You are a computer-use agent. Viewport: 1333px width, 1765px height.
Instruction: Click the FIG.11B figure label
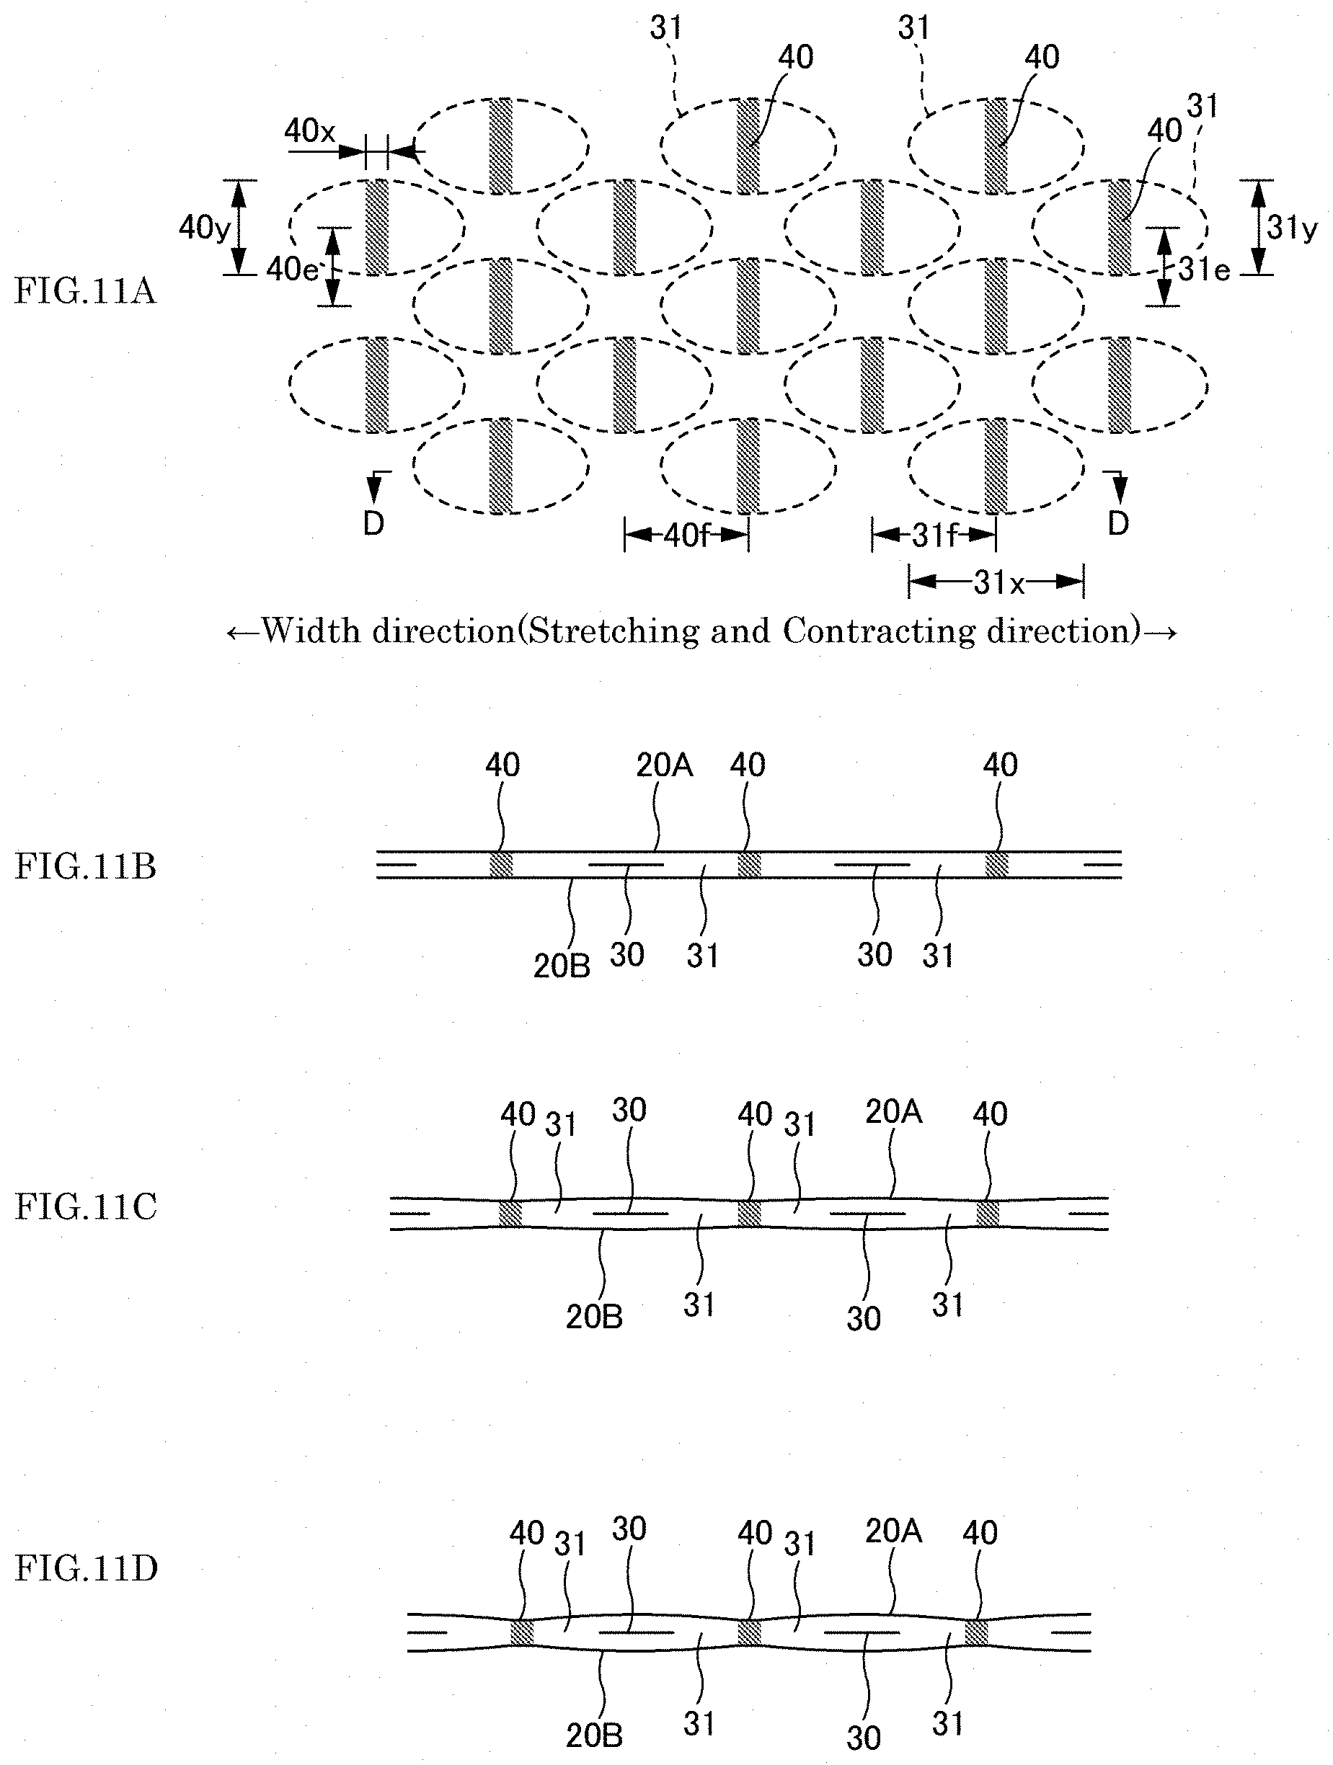point(85,866)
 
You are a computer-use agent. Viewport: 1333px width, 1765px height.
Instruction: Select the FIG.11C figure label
point(85,1206)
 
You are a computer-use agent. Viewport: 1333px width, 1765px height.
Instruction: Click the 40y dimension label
point(204,228)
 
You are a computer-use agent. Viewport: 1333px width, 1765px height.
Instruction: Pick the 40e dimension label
point(291,270)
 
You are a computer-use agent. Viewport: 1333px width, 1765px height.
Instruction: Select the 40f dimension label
point(686,535)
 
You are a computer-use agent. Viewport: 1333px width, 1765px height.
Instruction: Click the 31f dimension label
point(933,535)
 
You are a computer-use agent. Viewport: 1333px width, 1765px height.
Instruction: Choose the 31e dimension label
point(1204,270)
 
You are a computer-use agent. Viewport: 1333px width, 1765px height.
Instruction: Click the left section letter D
point(373,523)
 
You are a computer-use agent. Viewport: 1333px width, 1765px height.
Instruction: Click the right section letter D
point(1118,523)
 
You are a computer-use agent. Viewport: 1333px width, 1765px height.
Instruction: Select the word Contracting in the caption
point(879,632)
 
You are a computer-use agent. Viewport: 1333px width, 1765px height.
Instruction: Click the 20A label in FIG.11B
point(664,765)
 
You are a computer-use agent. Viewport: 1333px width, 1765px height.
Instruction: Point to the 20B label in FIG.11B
point(562,966)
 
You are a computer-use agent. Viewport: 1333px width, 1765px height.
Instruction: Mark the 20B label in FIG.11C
point(594,1317)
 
